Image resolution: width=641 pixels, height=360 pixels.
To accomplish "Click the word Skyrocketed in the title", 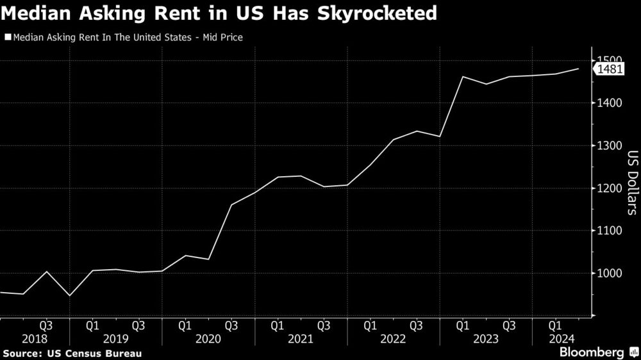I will [383, 14].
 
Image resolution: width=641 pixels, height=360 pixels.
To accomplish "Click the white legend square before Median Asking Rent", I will [8, 38].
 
